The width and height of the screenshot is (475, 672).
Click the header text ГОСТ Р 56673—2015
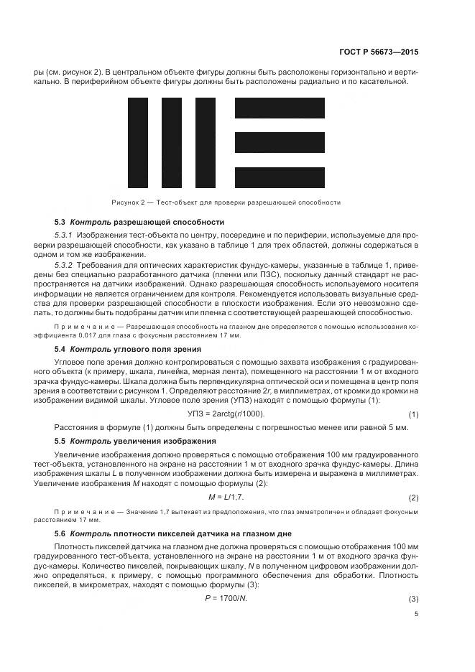tap(379, 53)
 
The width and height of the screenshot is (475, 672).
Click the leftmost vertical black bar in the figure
tap(138, 142)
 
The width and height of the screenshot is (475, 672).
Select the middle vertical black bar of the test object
tap(171, 142)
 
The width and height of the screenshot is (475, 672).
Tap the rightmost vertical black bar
tap(204, 142)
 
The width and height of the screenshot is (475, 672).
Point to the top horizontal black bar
tap(280, 108)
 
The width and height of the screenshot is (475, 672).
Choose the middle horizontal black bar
tap(280, 142)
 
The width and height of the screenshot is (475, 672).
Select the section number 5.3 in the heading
tap(60, 222)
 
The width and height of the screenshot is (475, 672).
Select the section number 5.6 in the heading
tap(60, 533)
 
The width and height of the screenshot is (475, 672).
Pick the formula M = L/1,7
tap(226, 497)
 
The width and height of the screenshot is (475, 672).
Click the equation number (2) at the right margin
tap(413, 498)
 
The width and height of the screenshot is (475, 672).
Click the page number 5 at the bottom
tap(416, 613)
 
